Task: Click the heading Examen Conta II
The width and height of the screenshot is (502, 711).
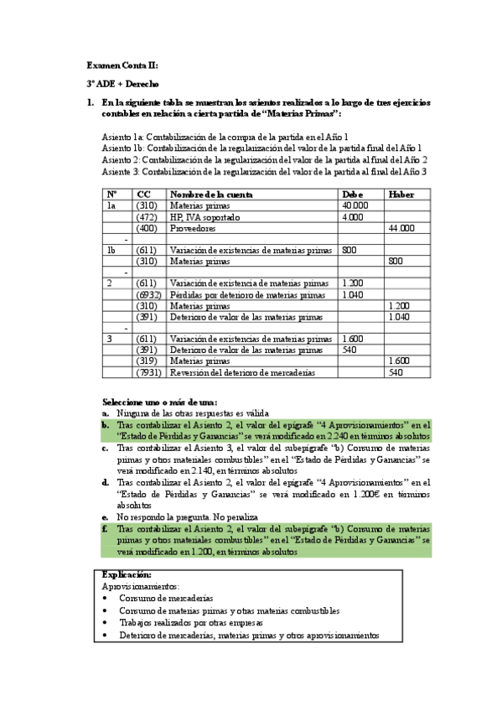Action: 122,65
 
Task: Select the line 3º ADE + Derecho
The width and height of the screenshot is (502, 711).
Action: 124,84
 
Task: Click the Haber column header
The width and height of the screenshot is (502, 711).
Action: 401,194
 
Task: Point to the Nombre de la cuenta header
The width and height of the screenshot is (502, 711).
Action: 210,194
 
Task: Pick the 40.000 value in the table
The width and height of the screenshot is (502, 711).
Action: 355,205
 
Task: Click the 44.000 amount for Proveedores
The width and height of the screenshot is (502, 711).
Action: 402,228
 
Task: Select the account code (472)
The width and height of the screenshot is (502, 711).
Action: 147,216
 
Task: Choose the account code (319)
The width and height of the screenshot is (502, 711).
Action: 147,361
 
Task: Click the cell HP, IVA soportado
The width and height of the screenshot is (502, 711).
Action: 204,216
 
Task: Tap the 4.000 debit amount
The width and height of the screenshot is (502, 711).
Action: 352,216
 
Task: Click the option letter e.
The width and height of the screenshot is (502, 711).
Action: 105,517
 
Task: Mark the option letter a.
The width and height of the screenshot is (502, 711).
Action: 105,413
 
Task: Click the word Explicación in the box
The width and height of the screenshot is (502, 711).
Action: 126,575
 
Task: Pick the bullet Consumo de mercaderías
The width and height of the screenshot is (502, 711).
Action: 165,599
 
